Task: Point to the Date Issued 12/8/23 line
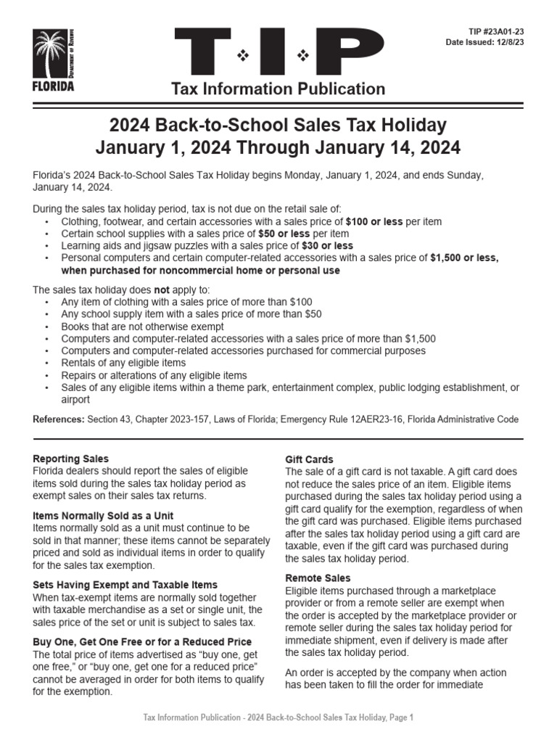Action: [484, 42]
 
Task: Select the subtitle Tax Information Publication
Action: [278, 89]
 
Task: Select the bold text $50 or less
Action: [284, 234]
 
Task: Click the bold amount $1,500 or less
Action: [464, 258]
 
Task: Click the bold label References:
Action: [59, 420]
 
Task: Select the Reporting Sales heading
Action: [71, 459]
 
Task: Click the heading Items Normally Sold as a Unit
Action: [104, 515]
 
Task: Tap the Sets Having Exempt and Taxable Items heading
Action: [125, 584]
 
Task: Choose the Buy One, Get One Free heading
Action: [143, 641]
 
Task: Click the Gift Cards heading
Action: [310, 459]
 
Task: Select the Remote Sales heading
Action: [318, 578]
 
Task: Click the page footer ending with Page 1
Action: [278, 718]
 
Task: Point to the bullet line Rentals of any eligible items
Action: [123, 363]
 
